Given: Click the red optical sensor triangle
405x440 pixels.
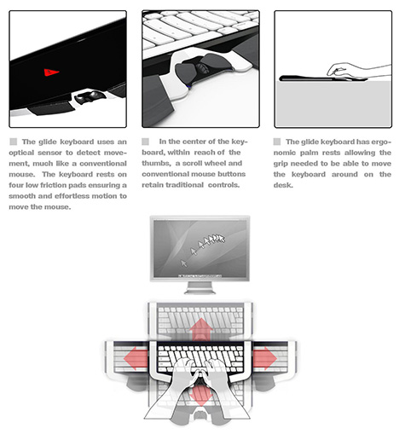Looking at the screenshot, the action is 51,72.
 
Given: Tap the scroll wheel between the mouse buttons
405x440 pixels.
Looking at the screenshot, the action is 202,68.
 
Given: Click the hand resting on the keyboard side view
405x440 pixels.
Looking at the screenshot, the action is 359,71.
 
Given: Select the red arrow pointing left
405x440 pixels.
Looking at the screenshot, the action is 136,358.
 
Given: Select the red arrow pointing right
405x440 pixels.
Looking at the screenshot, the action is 265,358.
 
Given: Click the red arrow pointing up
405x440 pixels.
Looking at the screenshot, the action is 201,329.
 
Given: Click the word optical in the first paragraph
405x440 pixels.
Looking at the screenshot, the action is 21,153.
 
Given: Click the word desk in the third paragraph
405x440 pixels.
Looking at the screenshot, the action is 283,185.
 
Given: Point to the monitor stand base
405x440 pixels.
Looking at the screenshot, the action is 200,292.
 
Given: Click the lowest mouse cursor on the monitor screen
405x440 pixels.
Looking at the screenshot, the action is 184,263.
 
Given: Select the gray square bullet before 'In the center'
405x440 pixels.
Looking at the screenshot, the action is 145,142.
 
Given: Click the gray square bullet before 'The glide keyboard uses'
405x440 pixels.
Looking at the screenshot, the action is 13,142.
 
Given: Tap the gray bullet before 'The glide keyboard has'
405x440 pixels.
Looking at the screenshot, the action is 277,142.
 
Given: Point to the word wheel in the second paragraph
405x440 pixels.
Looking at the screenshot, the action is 215,164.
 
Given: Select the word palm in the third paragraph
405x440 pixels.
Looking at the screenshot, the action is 310,153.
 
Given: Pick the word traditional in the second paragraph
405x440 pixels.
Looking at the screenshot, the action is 185,185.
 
